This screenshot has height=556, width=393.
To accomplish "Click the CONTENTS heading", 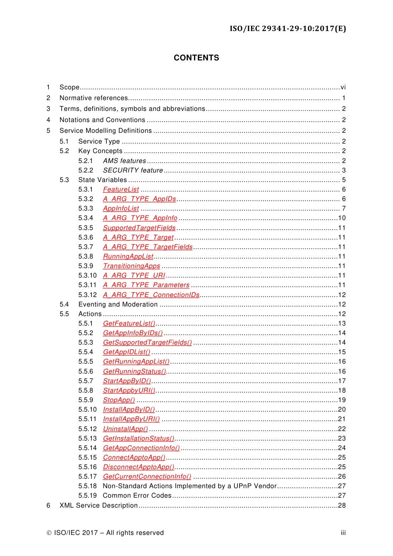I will point(196,58).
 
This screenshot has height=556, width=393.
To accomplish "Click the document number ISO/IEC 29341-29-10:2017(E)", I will point(288,29).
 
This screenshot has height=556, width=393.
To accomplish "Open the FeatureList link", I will point(121,189).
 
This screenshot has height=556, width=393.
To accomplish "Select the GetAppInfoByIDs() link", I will point(133,333).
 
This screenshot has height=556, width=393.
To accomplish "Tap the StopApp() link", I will point(119,400).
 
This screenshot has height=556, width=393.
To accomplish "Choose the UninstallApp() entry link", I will point(125,429).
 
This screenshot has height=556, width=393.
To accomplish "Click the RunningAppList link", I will point(128,256).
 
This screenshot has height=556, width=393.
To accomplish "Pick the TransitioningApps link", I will point(132,266).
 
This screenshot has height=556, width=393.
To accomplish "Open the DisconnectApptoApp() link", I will point(139,467).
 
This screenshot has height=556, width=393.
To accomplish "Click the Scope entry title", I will point(69,87).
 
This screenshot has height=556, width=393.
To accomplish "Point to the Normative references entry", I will point(94,98).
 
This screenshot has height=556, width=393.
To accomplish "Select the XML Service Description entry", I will point(98,506).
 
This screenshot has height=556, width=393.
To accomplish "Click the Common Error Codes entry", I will point(137,496).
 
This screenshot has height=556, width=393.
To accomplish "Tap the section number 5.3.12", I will point(87,295).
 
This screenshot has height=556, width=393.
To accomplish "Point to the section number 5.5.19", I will point(87,496).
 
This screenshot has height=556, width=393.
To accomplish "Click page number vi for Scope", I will point(343,87).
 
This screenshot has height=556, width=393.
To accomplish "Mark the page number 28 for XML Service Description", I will point(342,506).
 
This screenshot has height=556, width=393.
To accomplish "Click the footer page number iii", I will point(343,533).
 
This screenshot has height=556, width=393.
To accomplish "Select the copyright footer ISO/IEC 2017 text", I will point(105,533).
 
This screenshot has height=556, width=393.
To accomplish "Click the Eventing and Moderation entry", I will point(118,304).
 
